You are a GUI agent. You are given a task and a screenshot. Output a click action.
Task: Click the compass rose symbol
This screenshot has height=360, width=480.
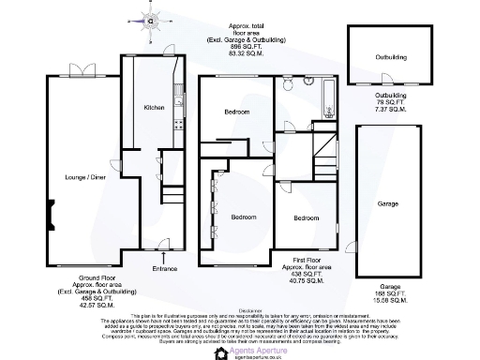click(x=149, y=17)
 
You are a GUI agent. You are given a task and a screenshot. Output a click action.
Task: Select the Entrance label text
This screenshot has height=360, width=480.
click(x=165, y=268)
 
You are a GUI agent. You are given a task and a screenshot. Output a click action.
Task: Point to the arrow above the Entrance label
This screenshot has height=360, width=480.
click(x=165, y=255)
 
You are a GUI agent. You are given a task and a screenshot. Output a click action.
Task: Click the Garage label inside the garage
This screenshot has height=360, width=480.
click(x=388, y=203)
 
